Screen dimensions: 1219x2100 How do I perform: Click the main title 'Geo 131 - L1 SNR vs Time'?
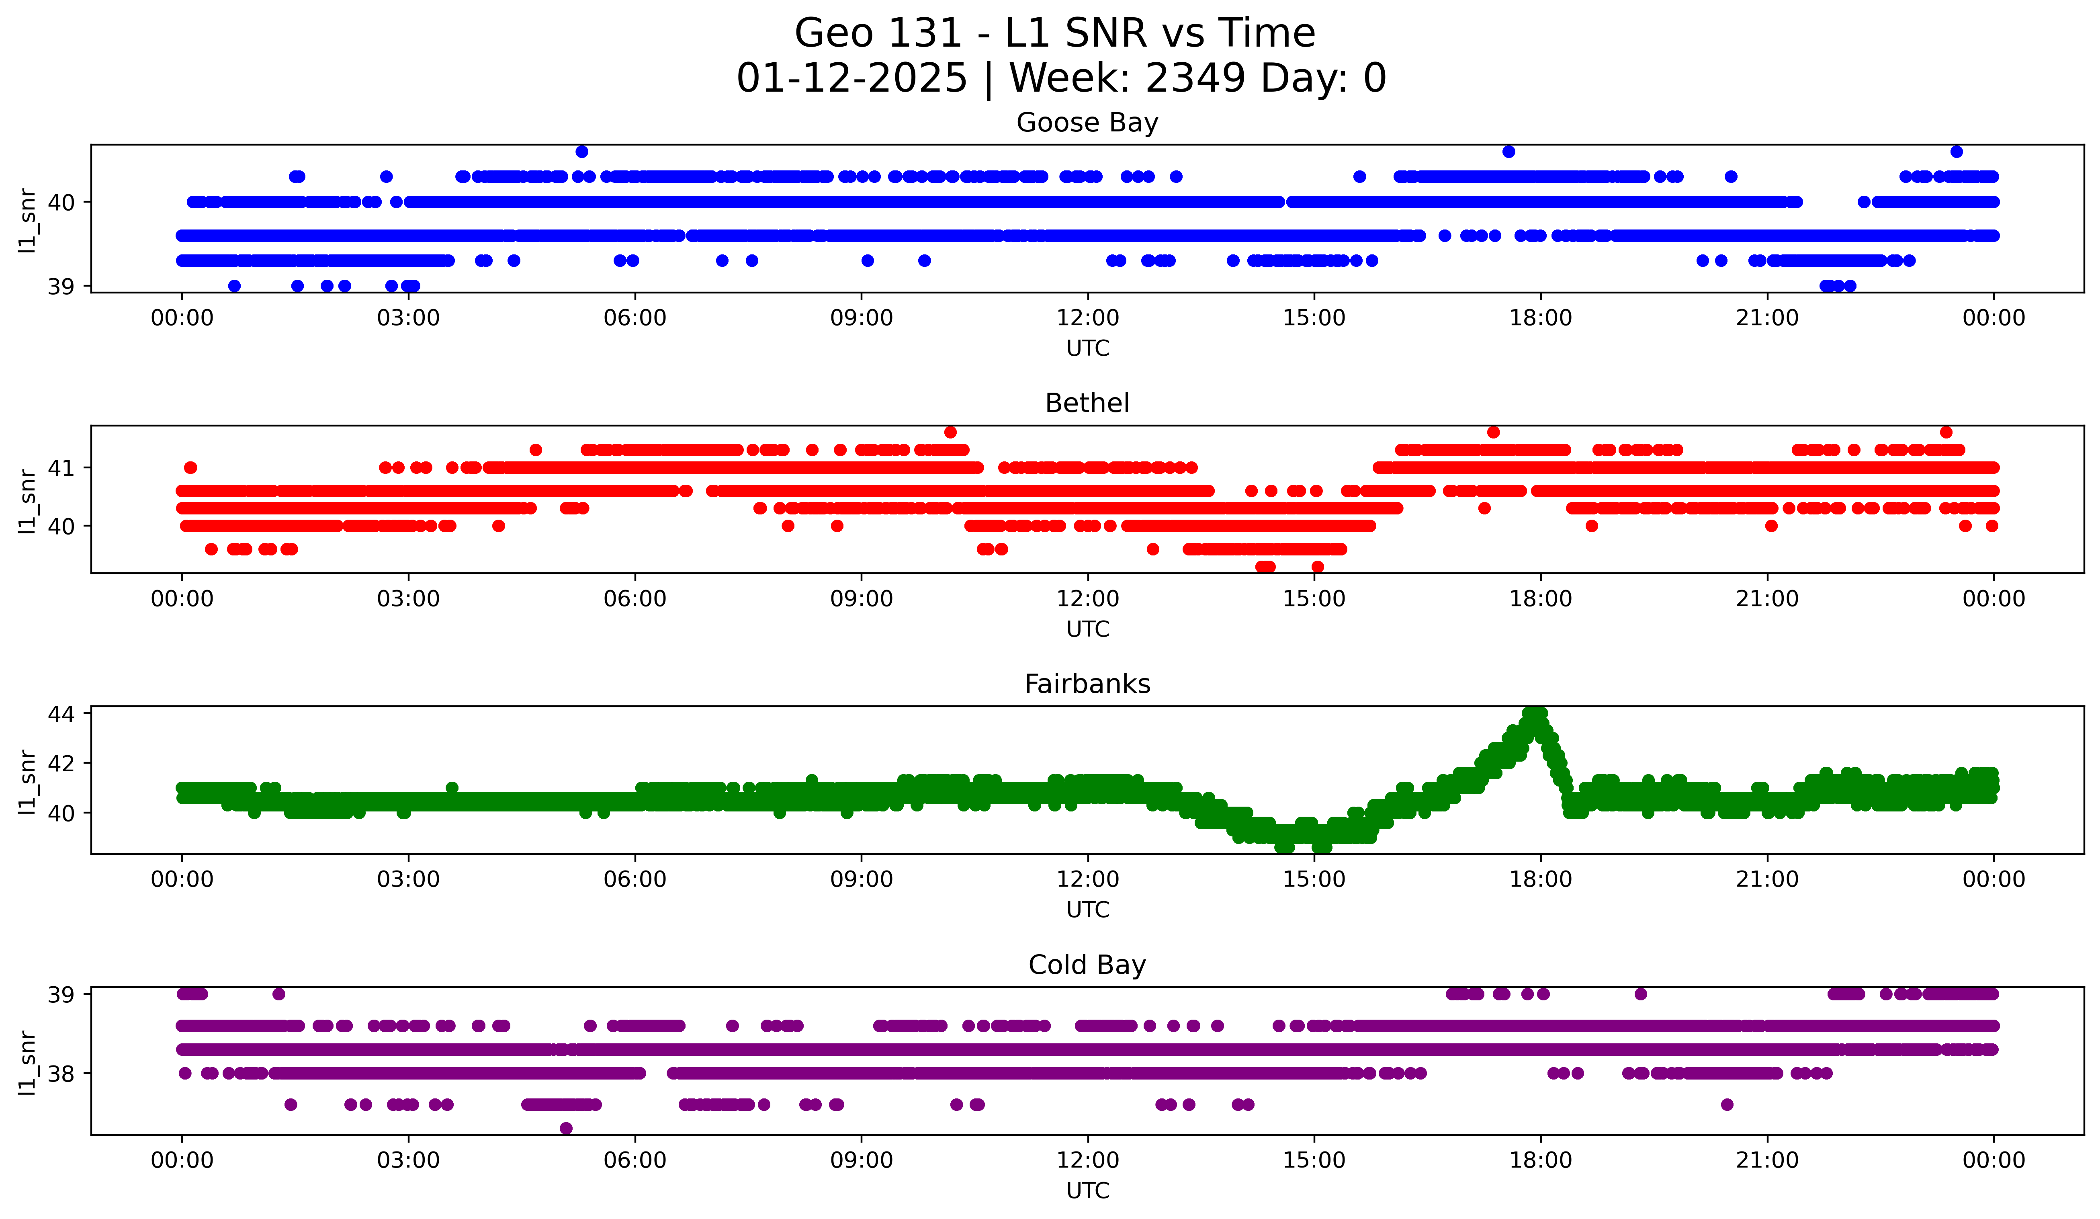point(1054,33)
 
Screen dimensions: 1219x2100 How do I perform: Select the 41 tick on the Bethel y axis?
point(61,467)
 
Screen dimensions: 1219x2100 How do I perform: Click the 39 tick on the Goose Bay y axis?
point(61,287)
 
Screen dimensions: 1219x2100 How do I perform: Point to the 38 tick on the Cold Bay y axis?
point(61,1074)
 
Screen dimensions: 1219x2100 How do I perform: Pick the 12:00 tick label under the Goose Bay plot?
point(1087,318)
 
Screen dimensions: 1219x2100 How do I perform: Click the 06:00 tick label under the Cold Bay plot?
point(635,1161)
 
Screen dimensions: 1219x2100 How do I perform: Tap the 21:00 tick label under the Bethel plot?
point(1766,599)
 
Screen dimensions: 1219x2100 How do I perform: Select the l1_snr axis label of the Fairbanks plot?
point(27,781)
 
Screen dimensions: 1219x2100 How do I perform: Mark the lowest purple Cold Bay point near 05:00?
point(566,1128)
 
